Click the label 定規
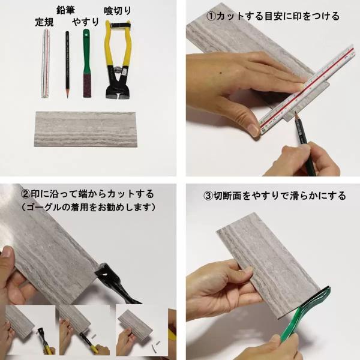point(44,22)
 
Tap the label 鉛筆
point(65,10)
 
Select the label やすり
point(86,22)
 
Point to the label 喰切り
point(118,11)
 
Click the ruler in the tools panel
point(46,64)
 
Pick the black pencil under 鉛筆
point(67,65)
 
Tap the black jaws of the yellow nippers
point(118,83)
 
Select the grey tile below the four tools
point(85,129)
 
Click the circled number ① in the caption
point(211,16)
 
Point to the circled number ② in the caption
point(25,194)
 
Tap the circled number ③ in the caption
point(208,196)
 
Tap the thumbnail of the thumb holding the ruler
point(253,130)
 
